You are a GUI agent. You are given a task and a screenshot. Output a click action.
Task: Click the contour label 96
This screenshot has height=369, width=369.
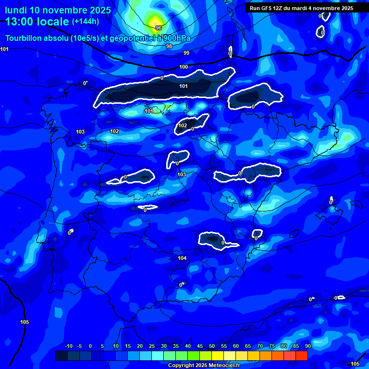point(159,28)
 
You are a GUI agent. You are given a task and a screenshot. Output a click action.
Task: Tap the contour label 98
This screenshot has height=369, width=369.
point(169,46)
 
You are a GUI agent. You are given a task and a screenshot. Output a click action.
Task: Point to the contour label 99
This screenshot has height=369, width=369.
point(186,53)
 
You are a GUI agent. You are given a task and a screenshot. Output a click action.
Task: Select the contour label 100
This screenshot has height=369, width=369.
point(184,67)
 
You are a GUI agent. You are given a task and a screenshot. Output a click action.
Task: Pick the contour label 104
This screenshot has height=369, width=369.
point(182,258)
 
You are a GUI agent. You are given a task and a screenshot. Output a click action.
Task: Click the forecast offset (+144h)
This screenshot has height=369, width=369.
point(85,22)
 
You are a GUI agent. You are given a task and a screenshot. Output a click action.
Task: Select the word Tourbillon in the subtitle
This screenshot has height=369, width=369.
point(25,39)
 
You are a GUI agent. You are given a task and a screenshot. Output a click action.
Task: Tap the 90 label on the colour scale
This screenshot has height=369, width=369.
point(307,346)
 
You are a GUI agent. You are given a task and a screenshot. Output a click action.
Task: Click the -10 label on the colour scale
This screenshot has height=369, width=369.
point(69,346)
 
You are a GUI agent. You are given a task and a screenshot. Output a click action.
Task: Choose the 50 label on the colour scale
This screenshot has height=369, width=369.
point(212,346)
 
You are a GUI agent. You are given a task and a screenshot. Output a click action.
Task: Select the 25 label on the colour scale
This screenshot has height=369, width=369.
point(151,346)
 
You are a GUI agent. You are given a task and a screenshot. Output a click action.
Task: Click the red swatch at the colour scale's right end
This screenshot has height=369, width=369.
point(301,356)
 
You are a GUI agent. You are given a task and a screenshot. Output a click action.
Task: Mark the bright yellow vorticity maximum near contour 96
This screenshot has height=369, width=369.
point(155,21)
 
